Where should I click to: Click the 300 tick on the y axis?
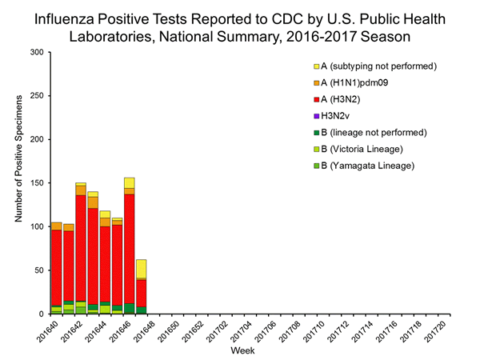37,53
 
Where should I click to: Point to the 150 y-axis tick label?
37,183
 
